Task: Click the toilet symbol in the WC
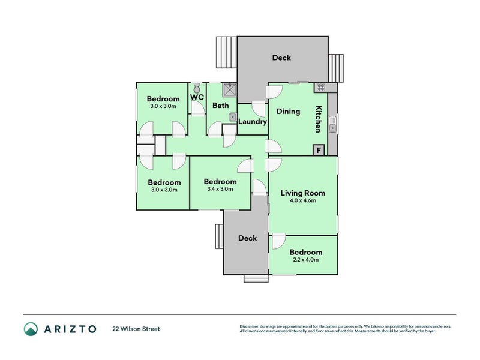pyautogui.click(x=197, y=88)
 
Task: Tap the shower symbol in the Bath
pyautogui.click(x=230, y=89)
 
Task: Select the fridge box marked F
pyautogui.click(x=319, y=151)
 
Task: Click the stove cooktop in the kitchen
pyautogui.click(x=320, y=88)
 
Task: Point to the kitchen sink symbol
pyautogui.click(x=332, y=124)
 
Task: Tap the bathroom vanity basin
pyautogui.click(x=233, y=117)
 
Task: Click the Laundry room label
pyautogui.click(x=253, y=122)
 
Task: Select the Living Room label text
pyautogui.click(x=303, y=193)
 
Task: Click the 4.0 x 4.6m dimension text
pyautogui.click(x=303, y=201)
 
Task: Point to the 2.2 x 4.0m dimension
pyautogui.click(x=306, y=260)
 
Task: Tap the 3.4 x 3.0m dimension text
pyautogui.click(x=220, y=189)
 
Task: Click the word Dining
pyautogui.click(x=288, y=112)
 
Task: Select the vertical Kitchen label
pyautogui.click(x=319, y=119)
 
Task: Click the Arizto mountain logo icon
pyautogui.click(x=31, y=329)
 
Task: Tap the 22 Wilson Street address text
pyautogui.click(x=136, y=329)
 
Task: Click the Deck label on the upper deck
pyautogui.click(x=281, y=58)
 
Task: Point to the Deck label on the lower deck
pyautogui.click(x=248, y=238)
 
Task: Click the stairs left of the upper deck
pyautogui.click(x=227, y=52)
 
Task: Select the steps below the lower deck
pyautogui.click(x=256, y=278)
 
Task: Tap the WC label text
pyautogui.click(x=197, y=97)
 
